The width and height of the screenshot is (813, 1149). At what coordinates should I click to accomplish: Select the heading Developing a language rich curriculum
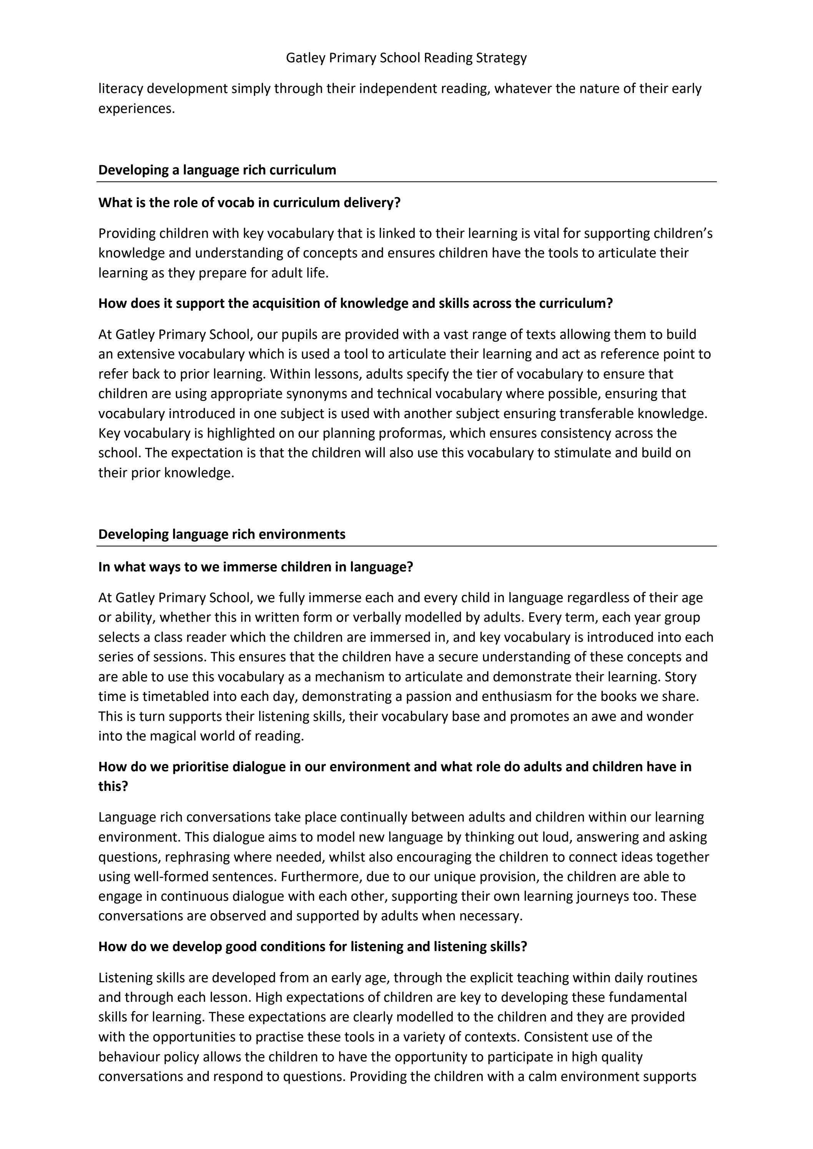tap(217, 170)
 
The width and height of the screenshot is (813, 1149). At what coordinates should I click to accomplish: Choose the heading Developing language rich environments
tap(221, 535)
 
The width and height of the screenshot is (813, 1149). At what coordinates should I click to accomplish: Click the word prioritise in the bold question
tap(200, 767)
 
